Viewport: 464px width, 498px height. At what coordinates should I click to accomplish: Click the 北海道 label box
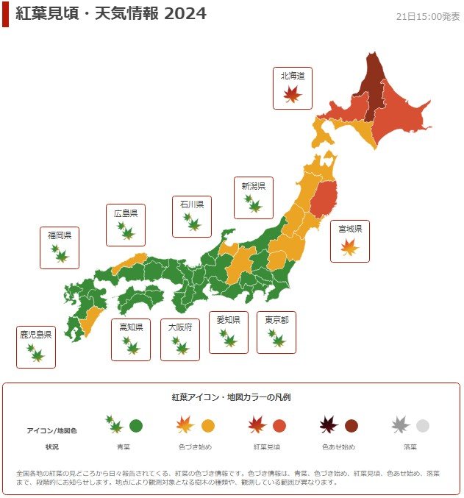coord(292,88)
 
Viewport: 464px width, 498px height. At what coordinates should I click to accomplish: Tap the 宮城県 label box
coord(349,241)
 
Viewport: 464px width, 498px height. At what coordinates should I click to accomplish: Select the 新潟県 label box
coord(254,198)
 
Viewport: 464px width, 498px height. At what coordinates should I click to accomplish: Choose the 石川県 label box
coord(192,216)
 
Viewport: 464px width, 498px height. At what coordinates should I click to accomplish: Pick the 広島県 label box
coord(126,225)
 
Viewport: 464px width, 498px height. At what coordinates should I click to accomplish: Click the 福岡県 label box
coord(60,247)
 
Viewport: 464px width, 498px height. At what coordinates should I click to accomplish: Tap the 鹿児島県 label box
coord(35,346)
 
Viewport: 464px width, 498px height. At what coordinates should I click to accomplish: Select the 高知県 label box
coord(131,339)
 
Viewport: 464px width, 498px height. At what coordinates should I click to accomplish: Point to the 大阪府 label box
coord(180,339)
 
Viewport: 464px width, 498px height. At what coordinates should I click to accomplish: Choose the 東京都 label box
coord(276,332)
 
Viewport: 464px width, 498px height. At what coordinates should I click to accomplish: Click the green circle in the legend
coord(136,425)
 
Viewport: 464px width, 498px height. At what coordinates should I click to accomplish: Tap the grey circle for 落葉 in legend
coord(422,425)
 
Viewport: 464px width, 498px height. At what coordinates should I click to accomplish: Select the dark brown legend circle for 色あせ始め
coord(351,425)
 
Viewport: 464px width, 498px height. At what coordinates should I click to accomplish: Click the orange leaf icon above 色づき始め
coord(185,424)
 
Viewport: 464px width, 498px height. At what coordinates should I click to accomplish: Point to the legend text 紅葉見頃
coord(266,447)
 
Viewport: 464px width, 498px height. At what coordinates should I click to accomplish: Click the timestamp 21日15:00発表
coord(428,16)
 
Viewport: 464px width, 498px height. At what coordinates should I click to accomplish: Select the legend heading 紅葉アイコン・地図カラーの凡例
coord(232,397)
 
